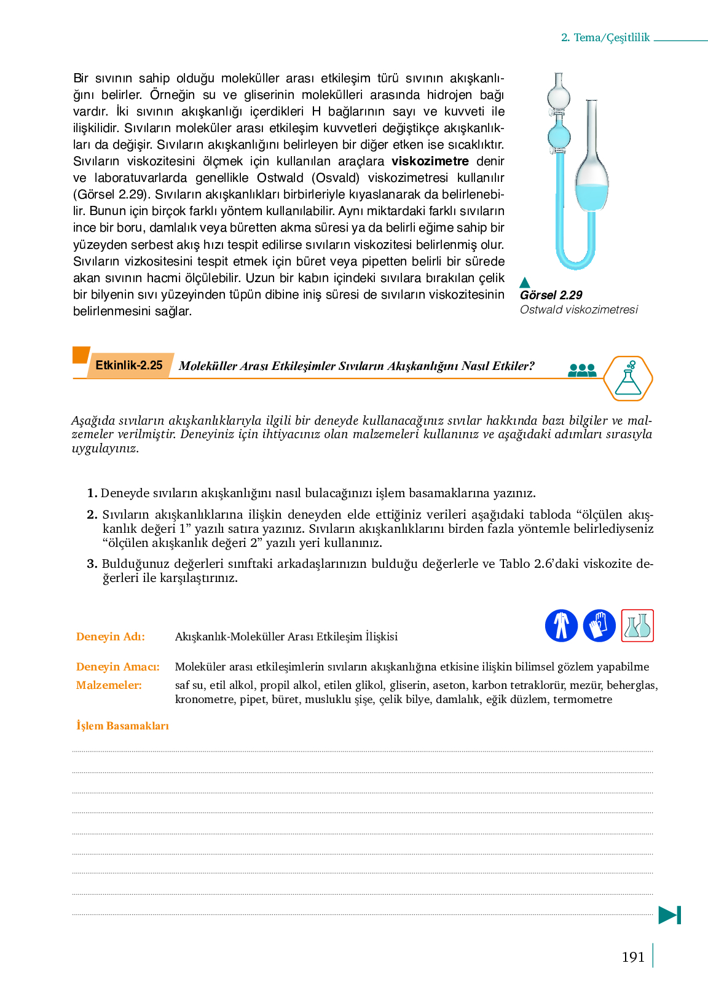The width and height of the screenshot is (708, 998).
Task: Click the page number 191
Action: [x=632, y=957]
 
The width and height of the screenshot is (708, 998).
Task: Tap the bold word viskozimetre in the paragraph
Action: [x=430, y=162]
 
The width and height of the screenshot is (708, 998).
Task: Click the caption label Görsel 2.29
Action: [x=551, y=295]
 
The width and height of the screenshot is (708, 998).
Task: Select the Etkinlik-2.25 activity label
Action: [x=129, y=366]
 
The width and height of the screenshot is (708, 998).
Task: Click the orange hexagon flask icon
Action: [x=627, y=379]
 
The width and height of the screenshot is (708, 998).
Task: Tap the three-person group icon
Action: [x=582, y=370]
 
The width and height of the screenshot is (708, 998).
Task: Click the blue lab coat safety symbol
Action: [x=561, y=626]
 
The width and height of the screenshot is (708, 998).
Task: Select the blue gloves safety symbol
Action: [x=599, y=626]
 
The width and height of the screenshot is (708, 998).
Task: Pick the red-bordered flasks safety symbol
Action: [x=637, y=626]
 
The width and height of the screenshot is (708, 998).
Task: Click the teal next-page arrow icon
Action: [x=669, y=915]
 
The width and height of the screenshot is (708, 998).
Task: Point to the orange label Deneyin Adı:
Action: [x=111, y=637]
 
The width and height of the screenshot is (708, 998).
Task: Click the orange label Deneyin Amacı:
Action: [x=117, y=667]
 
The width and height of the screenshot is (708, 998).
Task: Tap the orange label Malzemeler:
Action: [x=109, y=685]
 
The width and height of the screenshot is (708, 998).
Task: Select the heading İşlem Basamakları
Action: [x=122, y=726]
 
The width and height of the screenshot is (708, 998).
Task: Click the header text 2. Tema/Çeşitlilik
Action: [x=605, y=37]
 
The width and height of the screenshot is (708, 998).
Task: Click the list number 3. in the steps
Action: [x=92, y=564]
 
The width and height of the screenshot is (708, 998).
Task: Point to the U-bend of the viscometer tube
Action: [x=576, y=261]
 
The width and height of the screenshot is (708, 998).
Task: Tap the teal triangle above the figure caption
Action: [x=525, y=283]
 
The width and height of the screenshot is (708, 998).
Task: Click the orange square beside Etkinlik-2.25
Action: [x=81, y=355]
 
